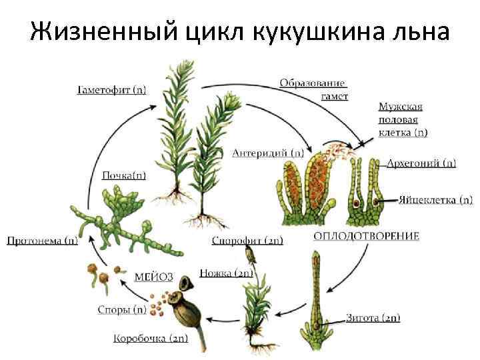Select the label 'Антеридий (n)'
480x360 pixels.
click(x=267, y=152)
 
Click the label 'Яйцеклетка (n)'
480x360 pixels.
click(x=436, y=199)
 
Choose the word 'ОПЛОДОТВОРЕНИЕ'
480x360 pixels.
click(x=366, y=236)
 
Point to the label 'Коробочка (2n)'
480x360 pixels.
click(x=151, y=338)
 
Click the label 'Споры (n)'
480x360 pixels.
click(x=121, y=309)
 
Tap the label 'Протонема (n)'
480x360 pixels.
click(x=42, y=240)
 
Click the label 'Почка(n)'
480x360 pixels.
click(x=125, y=175)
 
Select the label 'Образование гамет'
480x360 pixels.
click(x=313, y=89)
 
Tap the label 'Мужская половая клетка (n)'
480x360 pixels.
click(x=403, y=119)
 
